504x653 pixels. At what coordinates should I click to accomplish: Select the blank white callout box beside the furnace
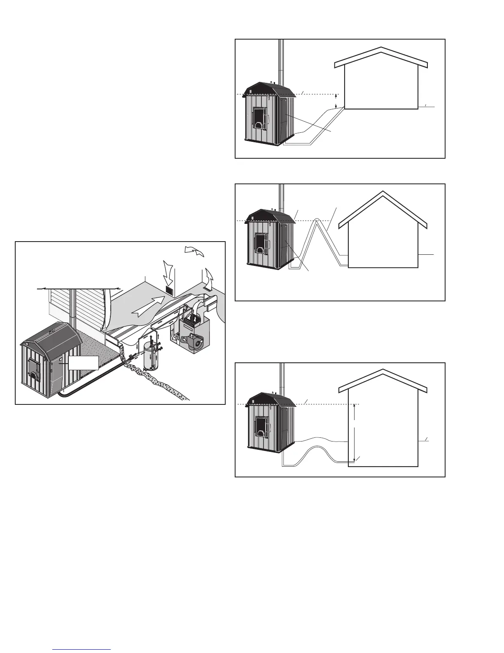[x=84, y=362]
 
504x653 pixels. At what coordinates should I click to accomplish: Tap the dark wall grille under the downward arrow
[x=169, y=290]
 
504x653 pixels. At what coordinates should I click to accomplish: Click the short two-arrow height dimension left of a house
[x=336, y=101]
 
